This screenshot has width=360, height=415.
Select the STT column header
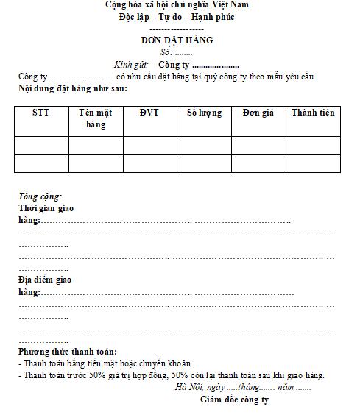[41, 113]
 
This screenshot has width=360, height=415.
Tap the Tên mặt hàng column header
[96, 118]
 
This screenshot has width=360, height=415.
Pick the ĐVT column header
[149, 113]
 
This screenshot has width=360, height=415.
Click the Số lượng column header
[204, 113]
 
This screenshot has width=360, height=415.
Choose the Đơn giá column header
[258, 113]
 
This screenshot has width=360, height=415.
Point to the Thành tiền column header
[313, 113]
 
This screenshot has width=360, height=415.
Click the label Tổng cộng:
[40, 196]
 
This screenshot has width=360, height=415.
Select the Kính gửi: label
[131, 65]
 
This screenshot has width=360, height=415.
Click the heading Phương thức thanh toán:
[68, 352]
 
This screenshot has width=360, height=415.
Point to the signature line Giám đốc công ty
[234, 400]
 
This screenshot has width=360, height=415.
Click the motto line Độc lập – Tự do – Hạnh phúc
[177, 16]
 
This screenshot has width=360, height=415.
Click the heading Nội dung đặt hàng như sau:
[73, 89]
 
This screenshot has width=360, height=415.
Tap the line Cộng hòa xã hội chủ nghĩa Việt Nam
[177, 4]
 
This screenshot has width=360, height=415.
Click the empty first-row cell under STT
[41, 145]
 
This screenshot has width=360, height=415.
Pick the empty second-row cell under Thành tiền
[313, 163]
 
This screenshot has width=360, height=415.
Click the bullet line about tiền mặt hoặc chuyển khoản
[105, 363]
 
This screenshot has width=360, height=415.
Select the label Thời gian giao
[46, 208]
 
